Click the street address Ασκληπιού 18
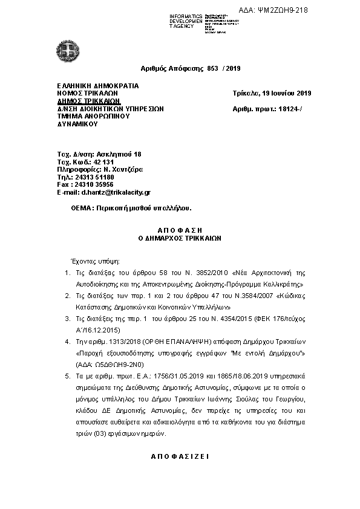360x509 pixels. [x=118, y=155]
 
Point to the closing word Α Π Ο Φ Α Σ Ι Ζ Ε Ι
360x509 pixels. [x=179, y=456]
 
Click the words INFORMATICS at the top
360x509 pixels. [x=186, y=15]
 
